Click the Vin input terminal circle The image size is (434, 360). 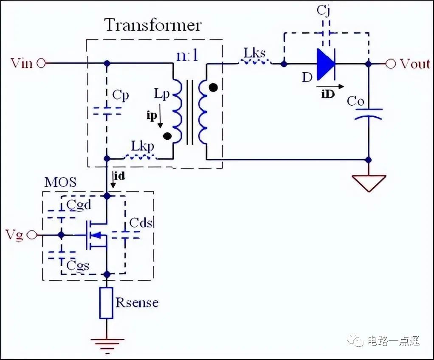tap(41, 63)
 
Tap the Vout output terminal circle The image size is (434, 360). tap(391, 64)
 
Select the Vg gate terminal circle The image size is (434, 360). tap(32, 235)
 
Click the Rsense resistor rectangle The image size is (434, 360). tap(106, 303)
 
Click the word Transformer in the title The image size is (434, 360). tap(153, 25)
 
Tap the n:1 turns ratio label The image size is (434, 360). tap(188, 56)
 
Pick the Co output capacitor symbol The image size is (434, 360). tap(369, 113)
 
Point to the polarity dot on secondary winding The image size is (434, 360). tap(213, 87)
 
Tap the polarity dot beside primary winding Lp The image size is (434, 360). tap(167, 136)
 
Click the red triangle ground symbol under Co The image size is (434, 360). tap(369, 183)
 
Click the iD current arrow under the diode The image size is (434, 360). tap(330, 87)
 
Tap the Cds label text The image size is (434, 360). tap(141, 222)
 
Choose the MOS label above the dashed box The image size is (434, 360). tap(60, 183)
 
